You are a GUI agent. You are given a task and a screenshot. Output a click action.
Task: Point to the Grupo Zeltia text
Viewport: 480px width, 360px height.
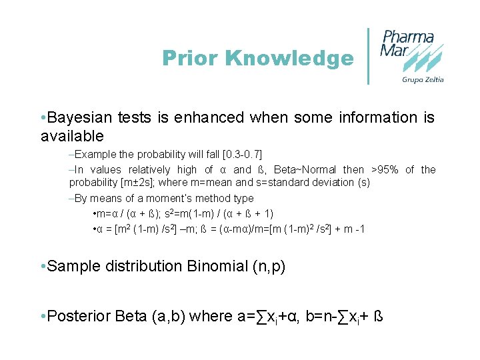tap(423, 80)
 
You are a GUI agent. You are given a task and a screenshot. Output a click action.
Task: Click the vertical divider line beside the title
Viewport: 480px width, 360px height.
tap(368, 56)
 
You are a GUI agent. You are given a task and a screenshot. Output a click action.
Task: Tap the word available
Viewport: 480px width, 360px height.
tap(72, 137)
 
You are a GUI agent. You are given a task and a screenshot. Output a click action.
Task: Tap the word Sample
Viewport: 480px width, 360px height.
tap(71, 267)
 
